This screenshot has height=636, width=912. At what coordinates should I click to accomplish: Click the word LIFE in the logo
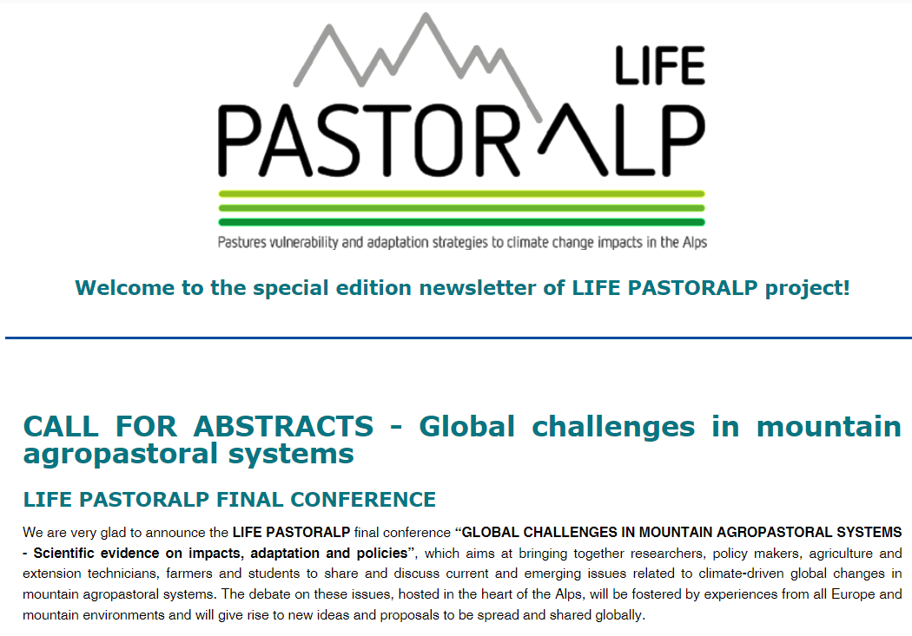click(660, 66)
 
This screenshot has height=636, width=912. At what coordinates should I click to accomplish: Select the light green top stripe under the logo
click(462, 194)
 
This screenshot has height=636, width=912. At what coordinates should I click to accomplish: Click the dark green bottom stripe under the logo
click(462, 222)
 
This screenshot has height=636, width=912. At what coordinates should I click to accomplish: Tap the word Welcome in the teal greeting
click(124, 287)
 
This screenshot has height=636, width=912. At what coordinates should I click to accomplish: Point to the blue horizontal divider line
click(459, 338)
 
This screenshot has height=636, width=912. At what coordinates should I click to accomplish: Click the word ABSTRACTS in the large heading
click(283, 426)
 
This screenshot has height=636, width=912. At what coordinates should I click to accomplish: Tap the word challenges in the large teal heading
click(613, 427)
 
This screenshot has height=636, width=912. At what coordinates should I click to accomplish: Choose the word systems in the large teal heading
click(291, 454)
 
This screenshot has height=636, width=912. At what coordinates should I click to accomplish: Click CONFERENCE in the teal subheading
click(363, 500)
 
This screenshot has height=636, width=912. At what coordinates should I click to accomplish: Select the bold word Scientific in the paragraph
click(63, 553)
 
